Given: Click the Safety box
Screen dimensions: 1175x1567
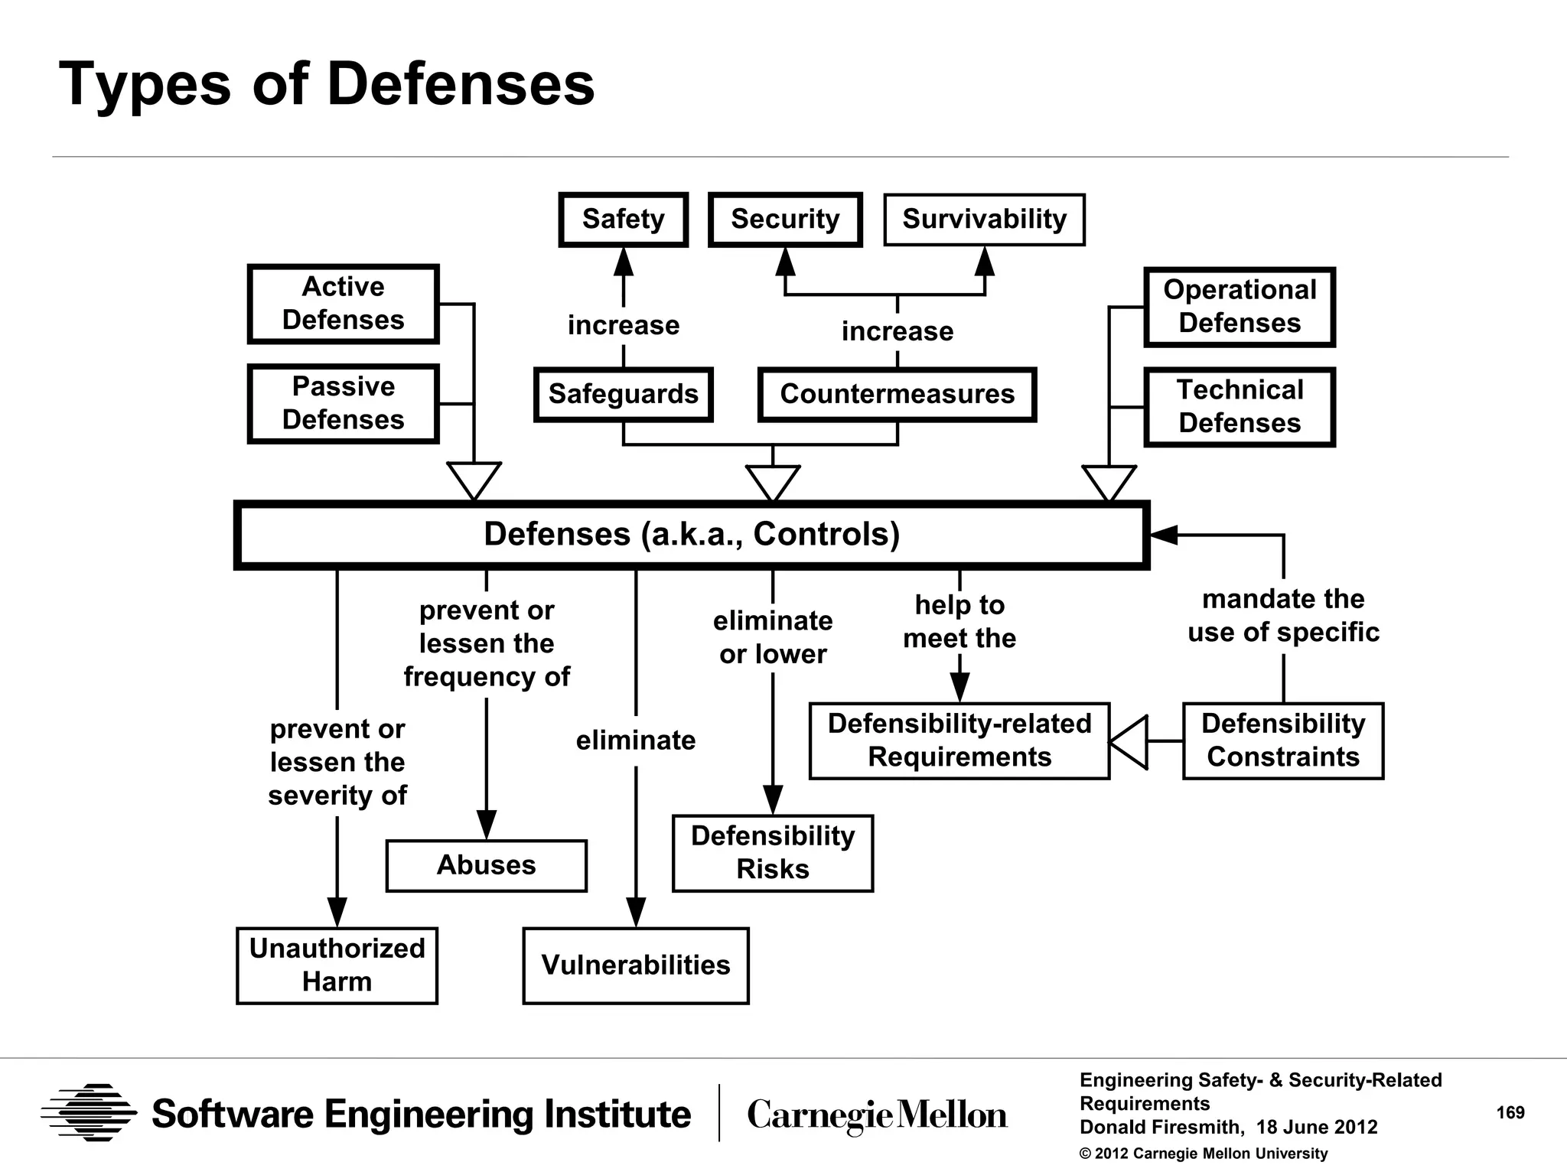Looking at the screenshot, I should pyautogui.click(x=623, y=220).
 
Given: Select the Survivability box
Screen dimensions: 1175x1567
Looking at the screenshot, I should pyautogui.click(x=984, y=220).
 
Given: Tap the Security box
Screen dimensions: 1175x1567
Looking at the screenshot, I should pyautogui.click(x=785, y=220).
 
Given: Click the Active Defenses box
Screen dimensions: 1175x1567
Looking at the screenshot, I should pyautogui.click(x=343, y=304).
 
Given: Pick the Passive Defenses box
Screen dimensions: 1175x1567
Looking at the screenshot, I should pyautogui.click(x=343, y=404).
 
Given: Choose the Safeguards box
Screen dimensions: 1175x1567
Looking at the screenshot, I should pyautogui.click(x=623, y=394).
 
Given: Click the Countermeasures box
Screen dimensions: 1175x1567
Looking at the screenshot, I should pyautogui.click(x=897, y=394).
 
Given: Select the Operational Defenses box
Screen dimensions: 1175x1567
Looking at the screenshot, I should pyautogui.click(x=1240, y=307).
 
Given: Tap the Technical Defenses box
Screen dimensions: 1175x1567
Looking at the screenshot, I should pyautogui.click(x=1240, y=407).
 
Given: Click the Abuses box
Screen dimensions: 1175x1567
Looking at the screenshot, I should pyautogui.click(x=486, y=865).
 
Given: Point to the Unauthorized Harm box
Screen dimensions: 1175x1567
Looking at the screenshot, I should pyautogui.click(x=337, y=965).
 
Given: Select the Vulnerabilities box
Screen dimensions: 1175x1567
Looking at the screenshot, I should pyautogui.click(x=635, y=965).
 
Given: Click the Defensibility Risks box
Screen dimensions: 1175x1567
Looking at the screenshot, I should pyautogui.click(x=772, y=853).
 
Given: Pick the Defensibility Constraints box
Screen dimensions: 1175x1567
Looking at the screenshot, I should pyautogui.click(x=1283, y=740).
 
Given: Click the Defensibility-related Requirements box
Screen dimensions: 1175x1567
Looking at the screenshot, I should pyautogui.click(x=959, y=740).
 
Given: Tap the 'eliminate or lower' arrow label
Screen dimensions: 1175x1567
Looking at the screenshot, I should pyautogui.click(x=772, y=637).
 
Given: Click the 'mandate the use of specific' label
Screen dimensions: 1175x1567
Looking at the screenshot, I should pyautogui.click(x=1283, y=616).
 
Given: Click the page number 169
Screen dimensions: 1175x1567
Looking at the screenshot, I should pyautogui.click(x=1510, y=1113).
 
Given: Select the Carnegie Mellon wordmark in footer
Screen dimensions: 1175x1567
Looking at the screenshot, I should pyautogui.click(x=877, y=1115).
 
